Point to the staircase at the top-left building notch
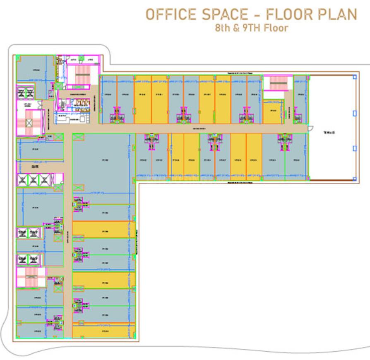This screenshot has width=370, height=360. pyautogui.click(x=76, y=74)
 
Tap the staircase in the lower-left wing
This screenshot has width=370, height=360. pyautogui.click(x=30, y=276)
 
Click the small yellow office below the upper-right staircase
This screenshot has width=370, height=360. pyautogui.click(x=272, y=111)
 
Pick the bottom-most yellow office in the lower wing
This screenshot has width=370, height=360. pyautogui.click(x=102, y=331)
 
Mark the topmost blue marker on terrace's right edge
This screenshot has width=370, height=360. pyautogui.click(x=354, y=77)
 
